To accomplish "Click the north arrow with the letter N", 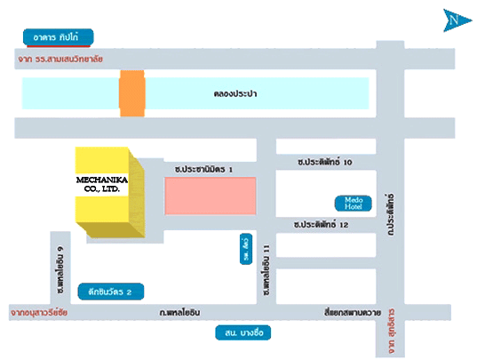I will point(454,19).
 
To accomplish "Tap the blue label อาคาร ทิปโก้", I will point(58,37).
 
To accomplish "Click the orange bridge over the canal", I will point(131,93).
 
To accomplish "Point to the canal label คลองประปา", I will point(235,92).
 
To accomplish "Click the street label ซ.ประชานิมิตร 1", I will point(203,167).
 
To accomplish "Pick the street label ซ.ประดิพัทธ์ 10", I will point(326,161).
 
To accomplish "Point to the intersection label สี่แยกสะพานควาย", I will point(353,312).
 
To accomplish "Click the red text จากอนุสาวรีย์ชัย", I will point(40,312).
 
